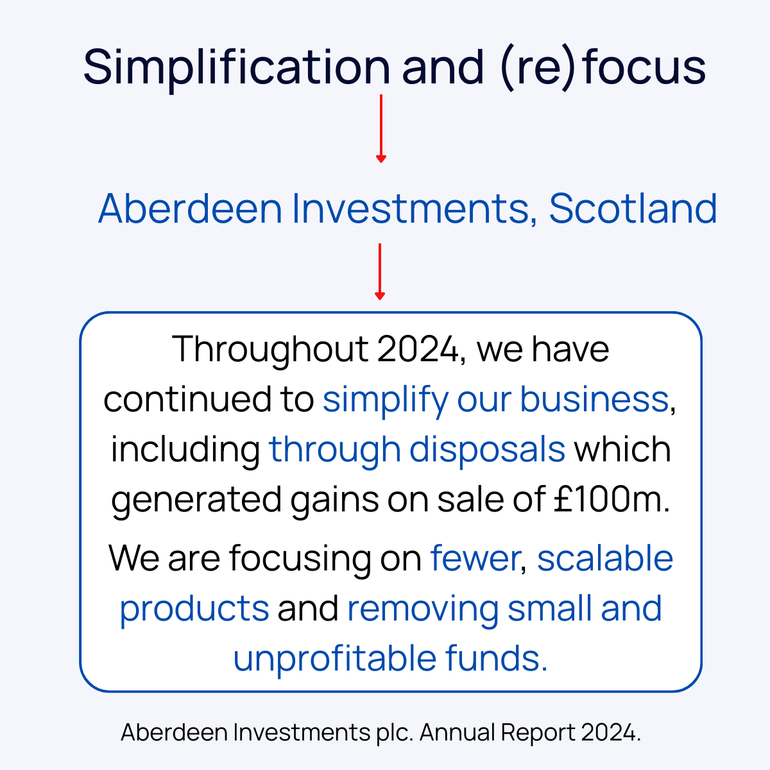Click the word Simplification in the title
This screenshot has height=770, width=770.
click(236, 67)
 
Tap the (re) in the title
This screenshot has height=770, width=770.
click(534, 67)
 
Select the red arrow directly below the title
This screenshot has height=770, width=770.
click(381, 128)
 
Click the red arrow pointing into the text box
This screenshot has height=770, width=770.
click(380, 271)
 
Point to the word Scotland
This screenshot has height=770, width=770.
click(633, 209)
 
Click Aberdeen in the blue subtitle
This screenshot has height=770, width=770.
click(190, 209)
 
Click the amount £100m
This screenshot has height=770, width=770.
click(611, 499)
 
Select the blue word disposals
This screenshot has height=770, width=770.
click(487, 449)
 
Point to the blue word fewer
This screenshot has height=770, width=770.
click(474, 558)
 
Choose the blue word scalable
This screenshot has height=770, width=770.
click(604, 558)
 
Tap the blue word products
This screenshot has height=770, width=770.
click(194, 608)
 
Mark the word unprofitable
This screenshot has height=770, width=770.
click(334, 658)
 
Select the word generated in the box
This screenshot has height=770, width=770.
click(196, 499)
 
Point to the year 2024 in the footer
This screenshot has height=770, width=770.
click(611, 732)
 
